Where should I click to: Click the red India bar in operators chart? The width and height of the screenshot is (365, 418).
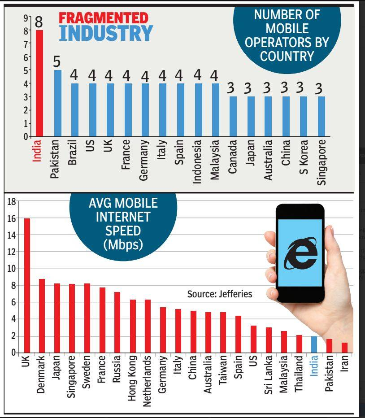(39, 83)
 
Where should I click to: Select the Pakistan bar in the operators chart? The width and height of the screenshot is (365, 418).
(57, 103)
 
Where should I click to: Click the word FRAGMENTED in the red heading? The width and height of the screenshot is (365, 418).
(104, 18)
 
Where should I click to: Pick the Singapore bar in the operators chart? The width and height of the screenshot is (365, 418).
(321, 116)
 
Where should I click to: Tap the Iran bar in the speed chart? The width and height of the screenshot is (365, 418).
(344, 348)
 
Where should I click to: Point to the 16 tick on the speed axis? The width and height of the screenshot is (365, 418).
(12, 218)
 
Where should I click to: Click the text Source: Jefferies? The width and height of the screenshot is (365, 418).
(220, 294)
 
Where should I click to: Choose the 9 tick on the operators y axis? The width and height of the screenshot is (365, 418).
(25, 18)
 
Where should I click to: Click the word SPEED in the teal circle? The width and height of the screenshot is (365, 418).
(122, 231)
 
